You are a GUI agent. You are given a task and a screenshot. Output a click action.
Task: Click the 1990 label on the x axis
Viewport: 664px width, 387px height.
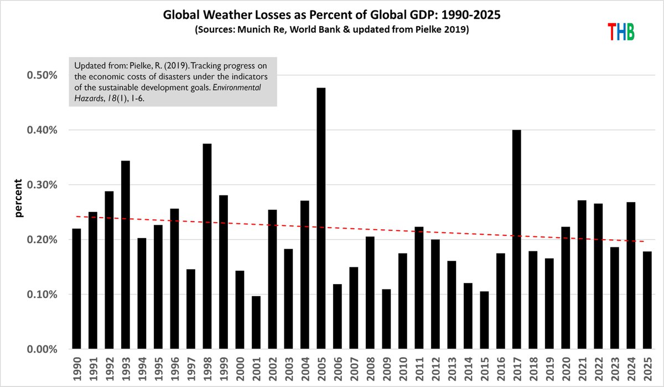[76, 368]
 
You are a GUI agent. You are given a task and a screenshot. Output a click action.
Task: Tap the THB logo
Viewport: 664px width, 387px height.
[620, 32]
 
